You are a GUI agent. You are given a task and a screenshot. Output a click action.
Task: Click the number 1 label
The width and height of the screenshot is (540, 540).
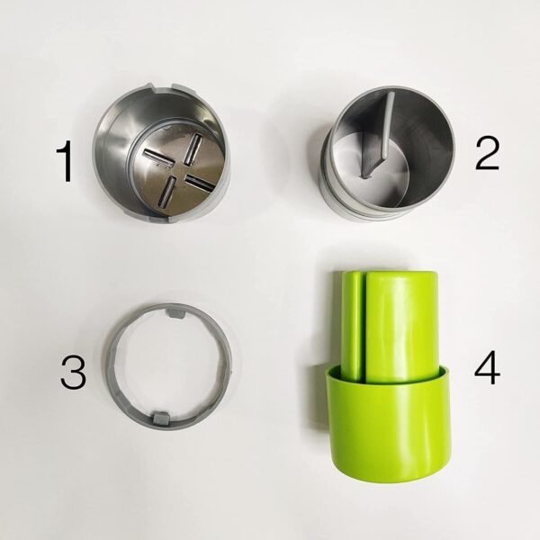point(63,163)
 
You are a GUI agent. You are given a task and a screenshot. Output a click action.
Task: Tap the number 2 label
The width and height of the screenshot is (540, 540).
point(487,153)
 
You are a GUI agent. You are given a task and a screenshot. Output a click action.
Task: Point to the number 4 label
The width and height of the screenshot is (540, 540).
point(486,370)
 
